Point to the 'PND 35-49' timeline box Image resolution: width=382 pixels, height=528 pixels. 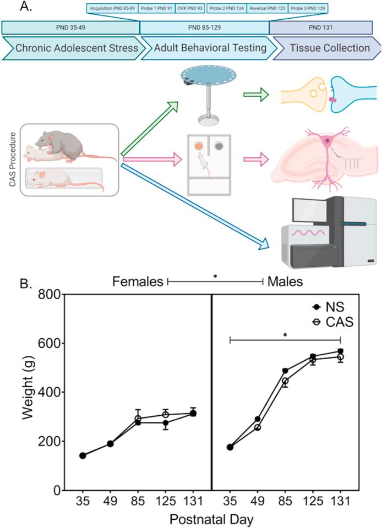click(x=70, y=28)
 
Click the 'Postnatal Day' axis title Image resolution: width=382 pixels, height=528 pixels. click(x=211, y=519)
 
